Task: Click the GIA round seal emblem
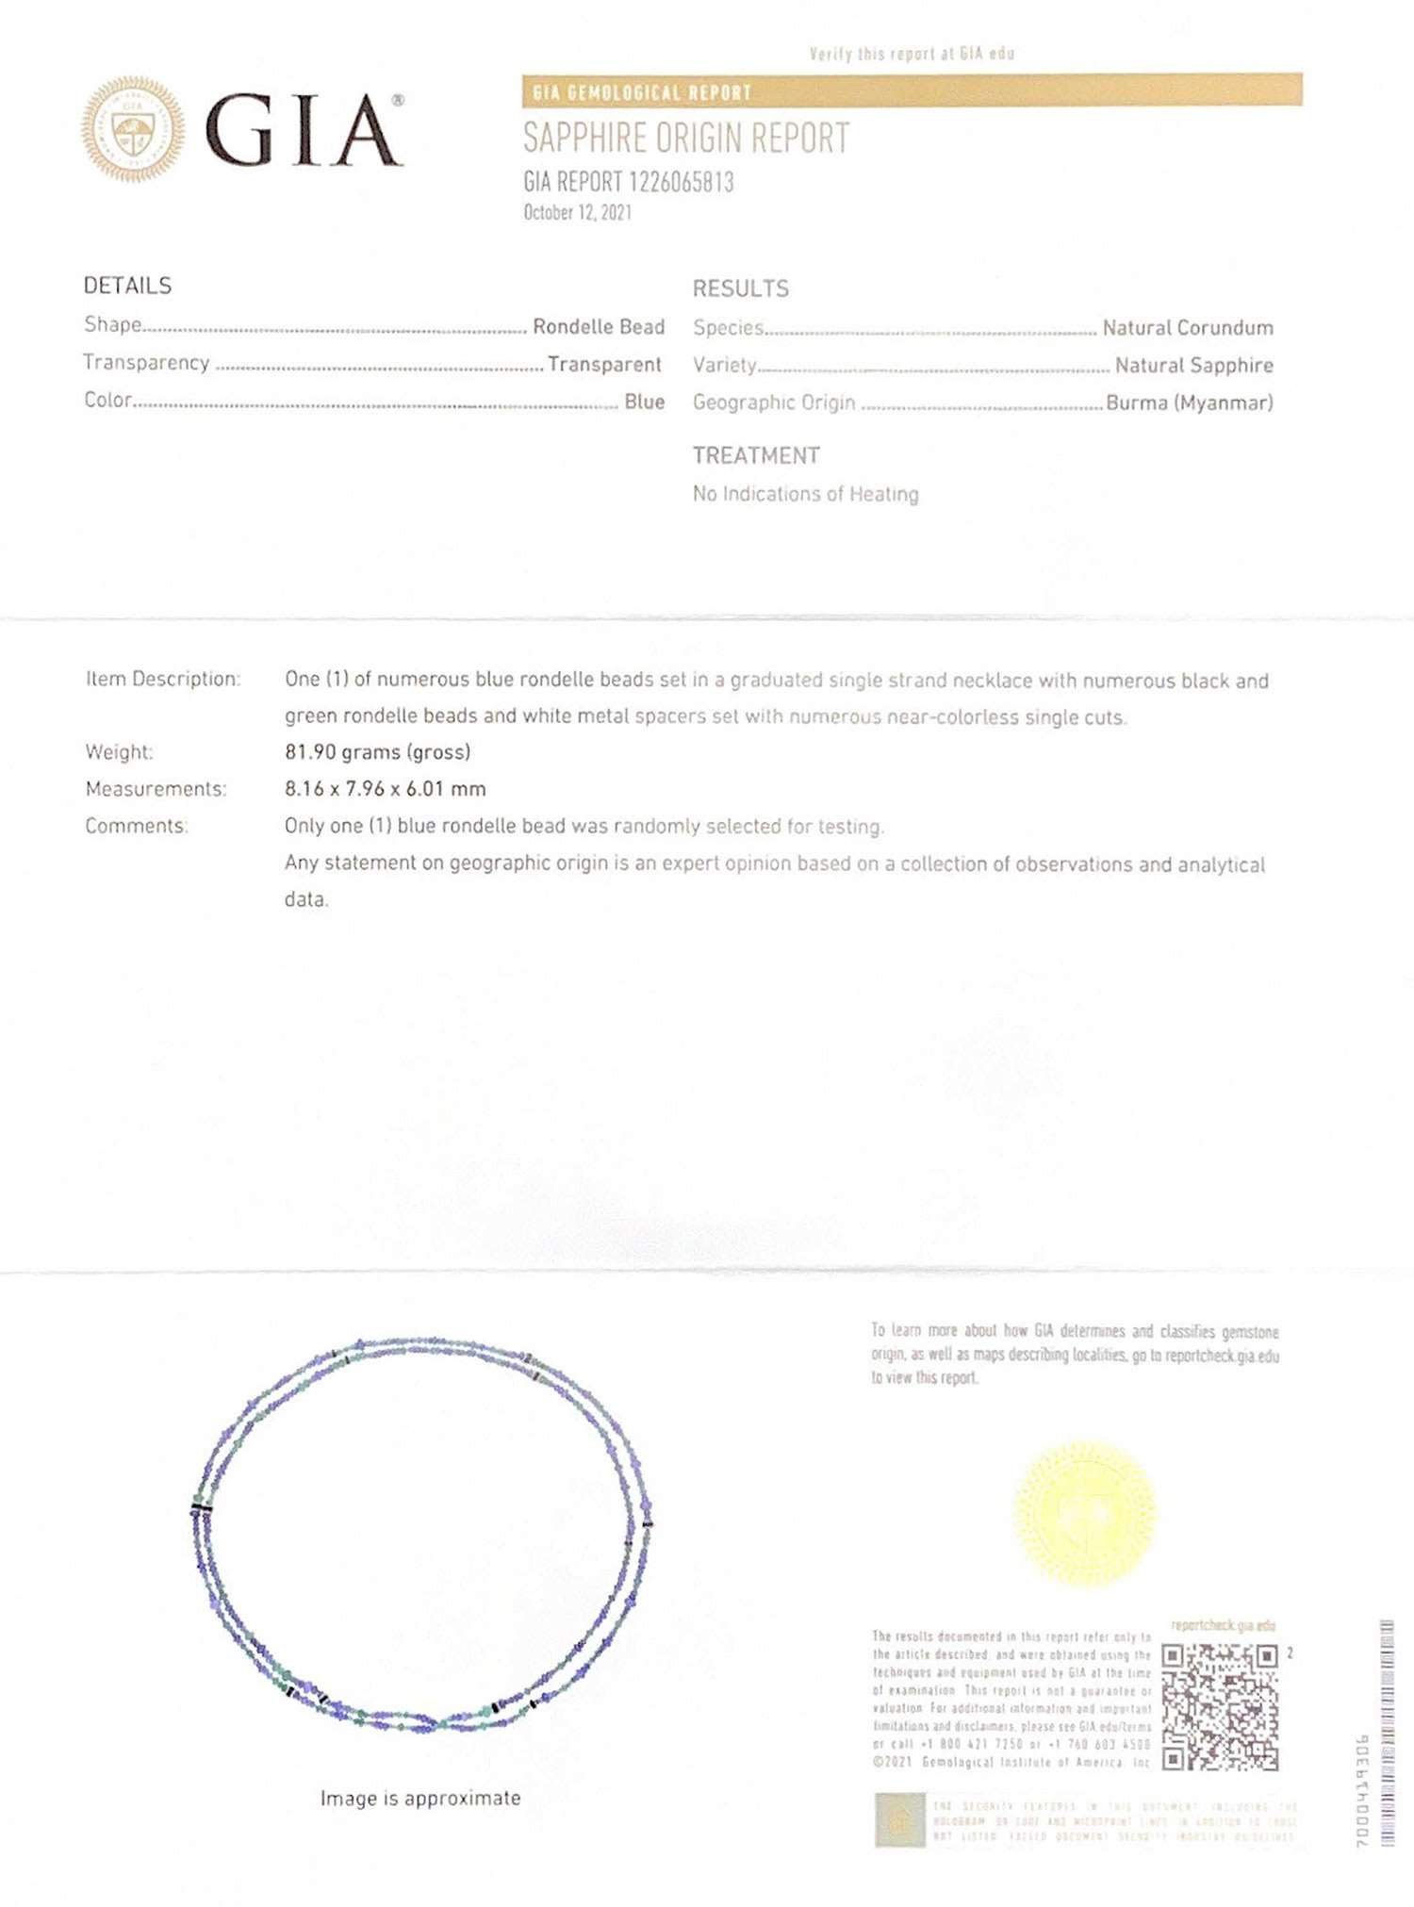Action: pyautogui.click(x=133, y=129)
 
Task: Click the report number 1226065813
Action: pyautogui.click(x=629, y=182)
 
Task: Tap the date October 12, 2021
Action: pyautogui.click(x=577, y=212)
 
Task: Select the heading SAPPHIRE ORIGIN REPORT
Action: pyautogui.click(x=686, y=139)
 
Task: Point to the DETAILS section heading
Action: pyautogui.click(x=127, y=286)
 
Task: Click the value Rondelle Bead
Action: pyautogui.click(x=599, y=326)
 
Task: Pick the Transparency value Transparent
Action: pyautogui.click(x=604, y=364)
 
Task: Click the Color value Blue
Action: pyautogui.click(x=644, y=402)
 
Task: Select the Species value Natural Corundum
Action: pyautogui.click(x=1188, y=327)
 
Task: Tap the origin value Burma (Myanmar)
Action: pyautogui.click(x=1189, y=403)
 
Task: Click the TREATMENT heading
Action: pyautogui.click(x=756, y=455)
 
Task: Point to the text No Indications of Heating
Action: pyautogui.click(x=805, y=494)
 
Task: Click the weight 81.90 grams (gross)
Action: pyautogui.click(x=377, y=752)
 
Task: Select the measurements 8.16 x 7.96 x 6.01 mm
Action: pyautogui.click(x=386, y=789)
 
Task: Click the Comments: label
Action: pyautogui.click(x=137, y=826)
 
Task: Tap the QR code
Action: pyautogui.click(x=1220, y=1707)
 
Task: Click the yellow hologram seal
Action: pyautogui.click(x=1084, y=1513)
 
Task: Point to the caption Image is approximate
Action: pyautogui.click(x=420, y=1799)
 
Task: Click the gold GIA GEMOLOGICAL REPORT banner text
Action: pyautogui.click(x=642, y=92)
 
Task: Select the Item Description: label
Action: pyautogui.click(x=163, y=679)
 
